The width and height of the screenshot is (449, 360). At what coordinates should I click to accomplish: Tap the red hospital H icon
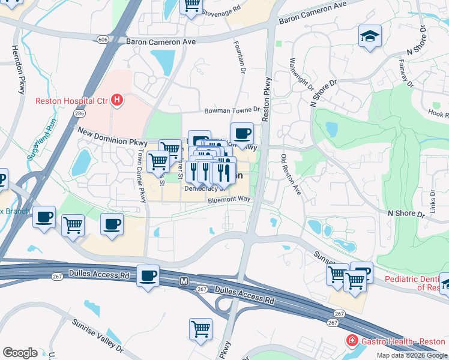(118, 100)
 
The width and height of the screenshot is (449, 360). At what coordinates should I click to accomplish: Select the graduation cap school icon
(370, 37)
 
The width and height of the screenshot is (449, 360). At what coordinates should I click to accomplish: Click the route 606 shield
(104, 39)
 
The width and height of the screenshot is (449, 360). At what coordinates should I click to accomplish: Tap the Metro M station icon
(185, 281)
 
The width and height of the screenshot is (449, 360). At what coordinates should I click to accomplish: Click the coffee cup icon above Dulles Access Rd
(148, 276)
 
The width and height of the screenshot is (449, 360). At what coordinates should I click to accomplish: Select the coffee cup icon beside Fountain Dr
(241, 134)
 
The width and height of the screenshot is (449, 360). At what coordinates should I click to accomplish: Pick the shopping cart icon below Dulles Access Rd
(200, 329)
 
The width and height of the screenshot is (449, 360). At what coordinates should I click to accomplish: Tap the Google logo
(20, 353)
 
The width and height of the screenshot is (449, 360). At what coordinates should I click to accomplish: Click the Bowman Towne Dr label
(232, 110)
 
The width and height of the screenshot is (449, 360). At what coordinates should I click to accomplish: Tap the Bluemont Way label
(228, 202)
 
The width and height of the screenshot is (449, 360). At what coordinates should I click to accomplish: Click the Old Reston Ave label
(291, 175)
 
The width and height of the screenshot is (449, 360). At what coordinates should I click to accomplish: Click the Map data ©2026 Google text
(411, 355)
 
